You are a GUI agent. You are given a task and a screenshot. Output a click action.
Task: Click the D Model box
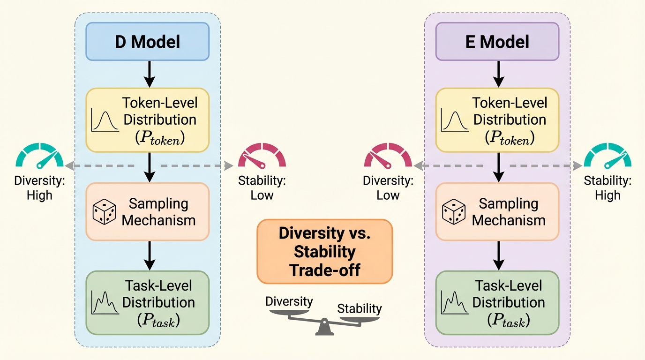pos(147,41)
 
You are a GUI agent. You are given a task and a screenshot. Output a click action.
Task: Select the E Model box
pos(497,41)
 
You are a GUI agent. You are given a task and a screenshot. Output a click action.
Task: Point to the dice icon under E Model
pos(454,212)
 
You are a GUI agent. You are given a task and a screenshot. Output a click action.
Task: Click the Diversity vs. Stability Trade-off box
pos(324,252)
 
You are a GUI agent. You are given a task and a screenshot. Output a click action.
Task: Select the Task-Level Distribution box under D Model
pos(147,302)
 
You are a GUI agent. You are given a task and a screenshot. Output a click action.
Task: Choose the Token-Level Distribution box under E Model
pos(497,120)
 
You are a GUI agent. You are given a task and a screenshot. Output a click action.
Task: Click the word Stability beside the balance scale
pos(360,308)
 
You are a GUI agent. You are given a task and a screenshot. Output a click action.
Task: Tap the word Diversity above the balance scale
pos(289,301)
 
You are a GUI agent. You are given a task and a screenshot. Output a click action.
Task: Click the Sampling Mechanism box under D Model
pos(147,212)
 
